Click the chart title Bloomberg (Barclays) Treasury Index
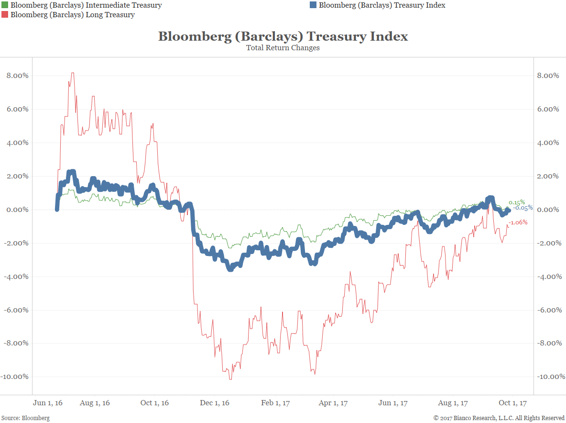pos(283,36)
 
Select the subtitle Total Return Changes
pos(283,48)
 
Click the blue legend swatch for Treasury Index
pos(313,5)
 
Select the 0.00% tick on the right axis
pos(548,210)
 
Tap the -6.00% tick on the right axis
pos(547,310)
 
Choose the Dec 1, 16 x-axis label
pos(215,403)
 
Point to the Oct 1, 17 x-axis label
pos(512,403)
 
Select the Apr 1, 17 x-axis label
pos(333,403)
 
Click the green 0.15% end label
pos(517,202)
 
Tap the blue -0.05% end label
pos(523,208)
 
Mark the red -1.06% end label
pos(518,223)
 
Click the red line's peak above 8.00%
pos(72,73)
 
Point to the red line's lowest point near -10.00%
pos(230,379)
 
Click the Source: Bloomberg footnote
pos(25,418)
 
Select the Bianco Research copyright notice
pos(499,418)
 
